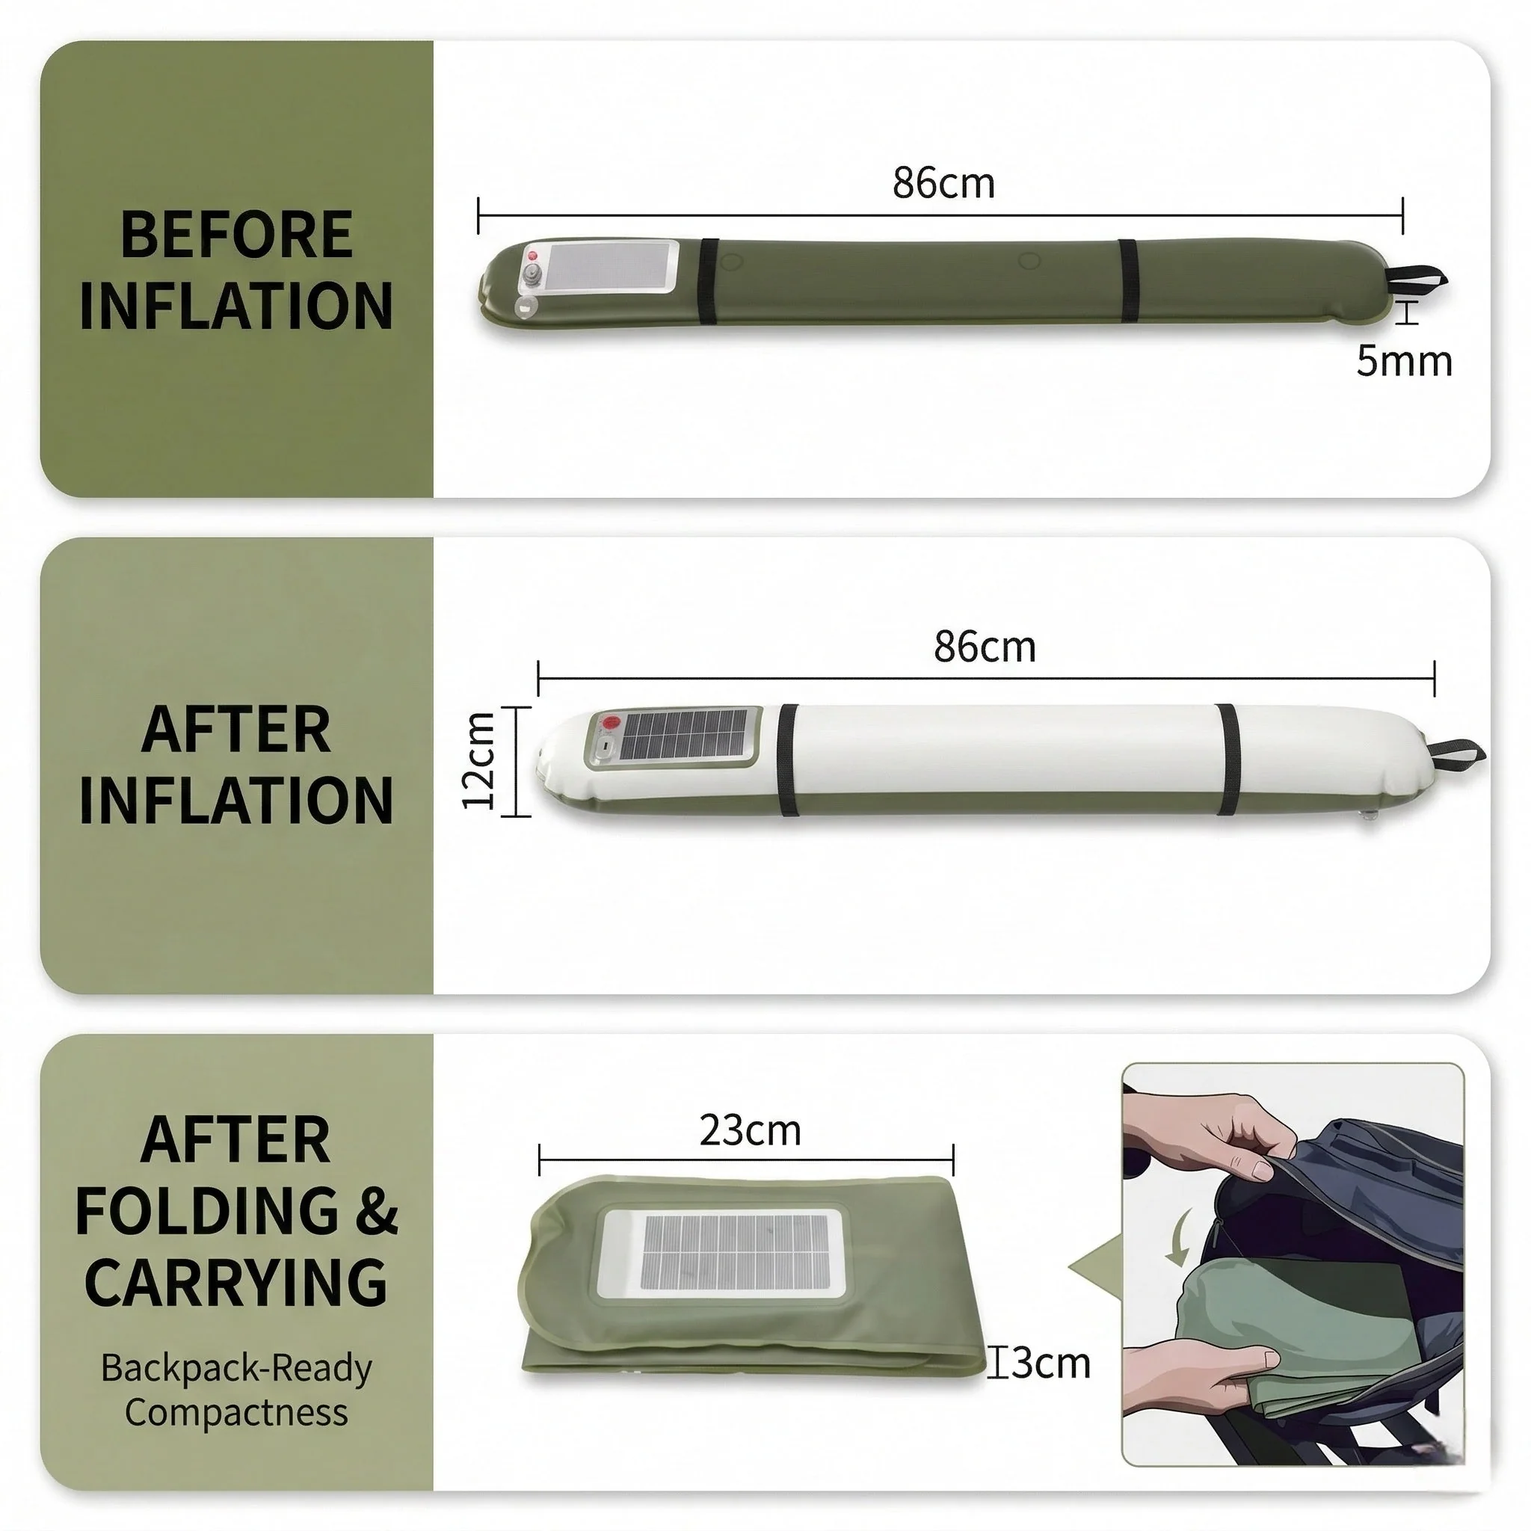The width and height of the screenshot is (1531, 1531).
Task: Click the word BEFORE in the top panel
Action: click(x=236, y=235)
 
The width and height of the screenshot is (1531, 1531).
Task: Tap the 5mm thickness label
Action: click(x=1404, y=361)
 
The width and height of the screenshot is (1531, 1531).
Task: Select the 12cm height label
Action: click(x=479, y=761)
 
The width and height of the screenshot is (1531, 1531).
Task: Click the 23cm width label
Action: click(x=750, y=1131)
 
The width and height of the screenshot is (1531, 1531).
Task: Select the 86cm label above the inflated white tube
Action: click(x=985, y=647)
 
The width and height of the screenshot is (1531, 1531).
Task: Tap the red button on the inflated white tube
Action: click(x=610, y=724)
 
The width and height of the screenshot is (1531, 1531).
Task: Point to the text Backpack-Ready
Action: click(x=236, y=1370)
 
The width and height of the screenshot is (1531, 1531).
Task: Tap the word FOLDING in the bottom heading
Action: click(x=209, y=1211)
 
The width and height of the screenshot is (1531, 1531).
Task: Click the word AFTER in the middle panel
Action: click(x=236, y=729)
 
